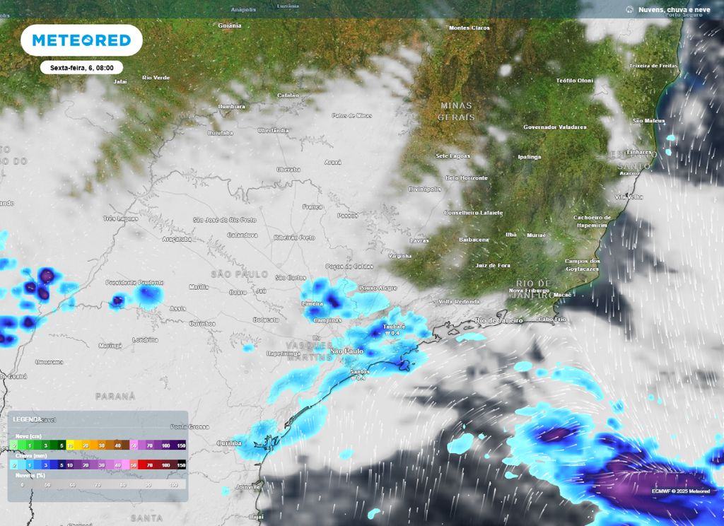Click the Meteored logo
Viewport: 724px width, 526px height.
(x=81, y=40)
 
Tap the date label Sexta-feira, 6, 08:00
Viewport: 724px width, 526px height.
(x=82, y=68)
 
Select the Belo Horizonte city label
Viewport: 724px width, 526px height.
(x=466, y=177)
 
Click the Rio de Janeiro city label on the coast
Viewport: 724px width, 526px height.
(x=499, y=320)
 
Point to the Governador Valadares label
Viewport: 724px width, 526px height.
(x=555, y=127)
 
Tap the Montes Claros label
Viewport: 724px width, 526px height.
(x=469, y=28)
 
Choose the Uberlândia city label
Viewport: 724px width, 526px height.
(x=274, y=130)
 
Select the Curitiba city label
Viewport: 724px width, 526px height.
(x=229, y=443)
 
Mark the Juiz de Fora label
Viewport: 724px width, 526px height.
(x=494, y=265)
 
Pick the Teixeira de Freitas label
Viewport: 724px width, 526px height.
(x=653, y=66)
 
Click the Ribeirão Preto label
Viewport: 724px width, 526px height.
(x=294, y=238)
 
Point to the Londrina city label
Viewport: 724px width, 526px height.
(x=145, y=339)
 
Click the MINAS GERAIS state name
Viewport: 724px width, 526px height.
(x=456, y=111)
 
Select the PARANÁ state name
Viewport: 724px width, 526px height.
(x=115, y=397)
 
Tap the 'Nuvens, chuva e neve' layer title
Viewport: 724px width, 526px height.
(x=674, y=9)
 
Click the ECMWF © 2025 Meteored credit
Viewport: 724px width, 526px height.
(x=681, y=490)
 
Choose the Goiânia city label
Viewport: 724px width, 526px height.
(x=230, y=25)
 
